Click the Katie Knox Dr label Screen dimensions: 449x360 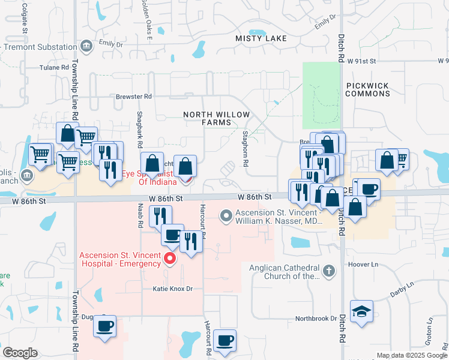(172, 289)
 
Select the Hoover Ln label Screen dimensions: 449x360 (366, 264)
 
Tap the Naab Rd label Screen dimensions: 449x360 (139, 216)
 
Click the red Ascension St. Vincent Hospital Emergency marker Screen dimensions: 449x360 (170, 259)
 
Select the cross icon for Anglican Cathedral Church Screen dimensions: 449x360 (328, 271)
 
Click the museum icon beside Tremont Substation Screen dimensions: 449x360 (86, 44)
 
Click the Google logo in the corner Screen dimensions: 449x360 (20, 352)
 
